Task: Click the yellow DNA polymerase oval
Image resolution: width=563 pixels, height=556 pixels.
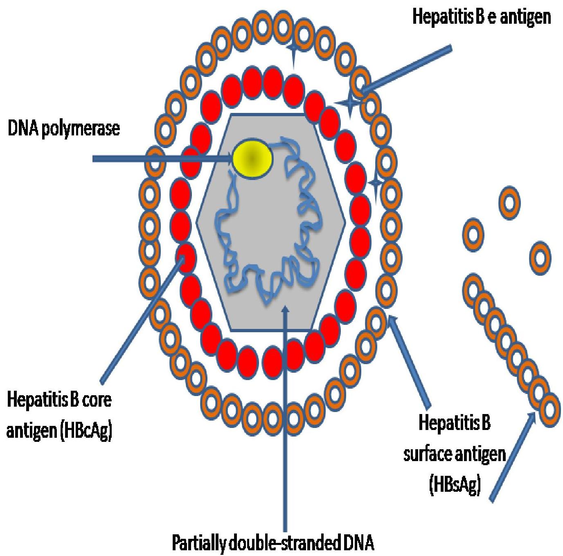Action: click(x=252, y=157)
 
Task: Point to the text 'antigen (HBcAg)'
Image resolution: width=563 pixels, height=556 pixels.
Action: click(x=60, y=431)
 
